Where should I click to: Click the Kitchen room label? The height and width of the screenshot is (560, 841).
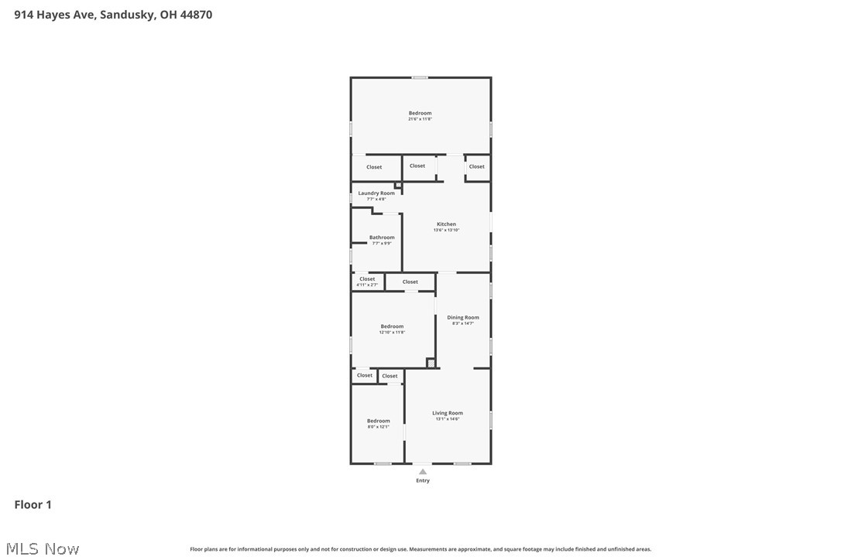pos(446,224)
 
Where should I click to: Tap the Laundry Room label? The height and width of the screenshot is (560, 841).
pos(376,193)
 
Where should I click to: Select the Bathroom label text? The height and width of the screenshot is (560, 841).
pos(382,237)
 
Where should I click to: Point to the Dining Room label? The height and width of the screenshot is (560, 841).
pos(462,317)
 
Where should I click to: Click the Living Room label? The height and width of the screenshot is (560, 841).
pos(447,413)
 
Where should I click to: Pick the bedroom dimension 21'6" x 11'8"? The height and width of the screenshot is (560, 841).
pos(420,119)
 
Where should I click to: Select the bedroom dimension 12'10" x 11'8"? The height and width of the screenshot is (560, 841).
pos(392,332)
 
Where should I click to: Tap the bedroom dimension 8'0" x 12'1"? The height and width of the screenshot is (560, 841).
pos(378,426)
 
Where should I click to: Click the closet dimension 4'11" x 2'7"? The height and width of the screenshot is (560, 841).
pos(367,285)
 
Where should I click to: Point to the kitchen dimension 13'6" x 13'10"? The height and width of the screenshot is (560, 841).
pos(446,230)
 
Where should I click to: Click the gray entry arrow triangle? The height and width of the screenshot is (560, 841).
pos(422,471)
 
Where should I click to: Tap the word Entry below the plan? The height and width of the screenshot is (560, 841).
pos(422,480)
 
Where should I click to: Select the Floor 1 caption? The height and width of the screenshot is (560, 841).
pos(33,504)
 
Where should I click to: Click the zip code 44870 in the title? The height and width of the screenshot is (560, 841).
pos(196,15)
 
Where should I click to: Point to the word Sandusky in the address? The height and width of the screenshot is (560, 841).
pos(127,15)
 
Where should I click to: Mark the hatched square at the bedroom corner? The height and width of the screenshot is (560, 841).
pos(431,363)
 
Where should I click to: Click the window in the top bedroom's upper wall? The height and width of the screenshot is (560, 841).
pos(420,77)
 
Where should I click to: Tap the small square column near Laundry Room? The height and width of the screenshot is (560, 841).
pos(398,185)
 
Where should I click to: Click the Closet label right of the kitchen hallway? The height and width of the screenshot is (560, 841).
pos(477,166)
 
